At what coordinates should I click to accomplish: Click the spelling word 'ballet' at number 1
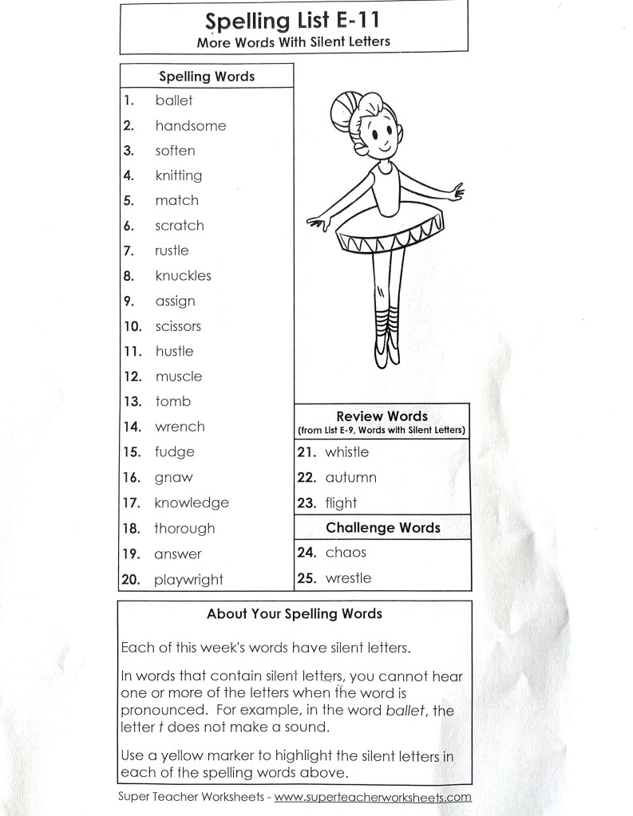pyautogui.click(x=174, y=101)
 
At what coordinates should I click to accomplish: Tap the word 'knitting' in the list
pyautogui.click(x=179, y=175)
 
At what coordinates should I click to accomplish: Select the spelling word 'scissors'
pyautogui.click(x=178, y=326)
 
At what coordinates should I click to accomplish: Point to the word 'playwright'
pyautogui.click(x=188, y=580)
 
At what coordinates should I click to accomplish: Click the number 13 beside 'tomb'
pyautogui.click(x=133, y=402)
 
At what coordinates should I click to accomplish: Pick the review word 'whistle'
pyautogui.click(x=346, y=452)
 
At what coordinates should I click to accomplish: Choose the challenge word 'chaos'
pyautogui.click(x=346, y=552)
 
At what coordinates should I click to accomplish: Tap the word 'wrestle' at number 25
pyautogui.click(x=348, y=578)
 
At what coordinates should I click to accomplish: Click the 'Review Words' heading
pyautogui.click(x=382, y=416)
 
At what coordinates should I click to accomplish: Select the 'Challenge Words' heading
pyautogui.click(x=382, y=527)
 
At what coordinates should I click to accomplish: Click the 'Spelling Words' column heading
pyautogui.click(x=207, y=77)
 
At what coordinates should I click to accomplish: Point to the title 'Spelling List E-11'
pyautogui.click(x=293, y=20)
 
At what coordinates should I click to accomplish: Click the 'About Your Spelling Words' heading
pyautogui.click(x=294, y=613)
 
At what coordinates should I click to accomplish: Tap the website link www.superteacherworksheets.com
pyautogui.click(x=373, y=797)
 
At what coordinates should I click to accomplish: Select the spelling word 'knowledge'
pyautogui.click(x=192, y=503)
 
